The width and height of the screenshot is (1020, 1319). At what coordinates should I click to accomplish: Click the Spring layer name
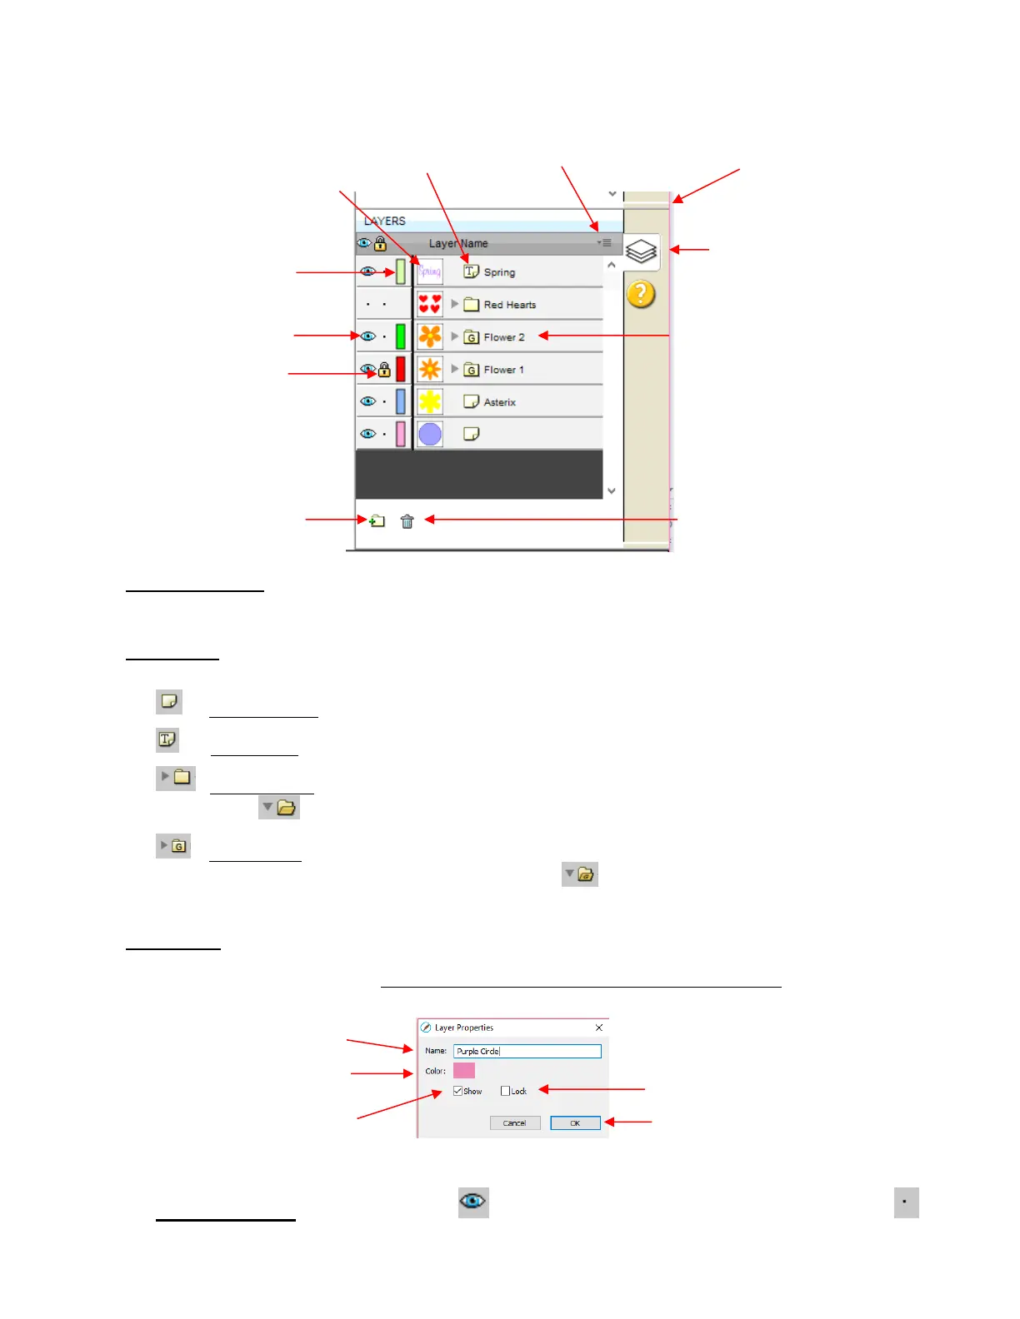pos(499,272)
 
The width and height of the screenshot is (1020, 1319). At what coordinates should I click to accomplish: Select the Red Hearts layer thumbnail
pos(430,304)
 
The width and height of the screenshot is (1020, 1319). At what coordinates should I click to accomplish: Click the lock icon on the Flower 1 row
pos(384,369)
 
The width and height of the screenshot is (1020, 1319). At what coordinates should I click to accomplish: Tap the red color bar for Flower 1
pos(401,369)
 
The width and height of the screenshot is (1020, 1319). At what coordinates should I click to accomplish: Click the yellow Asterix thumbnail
pos(430,401)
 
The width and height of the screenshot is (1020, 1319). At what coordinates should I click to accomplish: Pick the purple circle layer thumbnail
pos(430,434)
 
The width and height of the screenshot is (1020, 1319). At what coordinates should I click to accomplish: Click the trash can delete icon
pos(407,521)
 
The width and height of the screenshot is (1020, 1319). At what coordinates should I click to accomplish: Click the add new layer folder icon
pos(377,520)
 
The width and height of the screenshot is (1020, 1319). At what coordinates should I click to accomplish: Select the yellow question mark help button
pos(641,294)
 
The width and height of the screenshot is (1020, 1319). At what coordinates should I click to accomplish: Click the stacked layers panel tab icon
pos(641,251)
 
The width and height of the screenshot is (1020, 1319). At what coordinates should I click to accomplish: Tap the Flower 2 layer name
pos(504,337)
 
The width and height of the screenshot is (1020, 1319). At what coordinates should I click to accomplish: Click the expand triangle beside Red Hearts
pos(455,304)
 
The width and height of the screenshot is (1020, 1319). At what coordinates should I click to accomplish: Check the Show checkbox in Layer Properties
pos(458,1091)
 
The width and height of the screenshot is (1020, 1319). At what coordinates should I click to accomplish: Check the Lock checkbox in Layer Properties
pos(505,1091)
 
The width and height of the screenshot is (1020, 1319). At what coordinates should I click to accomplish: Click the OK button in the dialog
pos(575,1123)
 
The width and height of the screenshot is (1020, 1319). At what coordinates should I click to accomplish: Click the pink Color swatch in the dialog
pos(464,1071)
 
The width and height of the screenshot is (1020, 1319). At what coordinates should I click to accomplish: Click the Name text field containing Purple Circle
pos(527,1051)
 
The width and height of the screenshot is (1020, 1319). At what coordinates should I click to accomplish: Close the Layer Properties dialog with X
pos(598,1028)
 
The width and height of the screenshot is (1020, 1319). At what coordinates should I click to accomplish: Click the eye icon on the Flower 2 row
pos(367,336)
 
